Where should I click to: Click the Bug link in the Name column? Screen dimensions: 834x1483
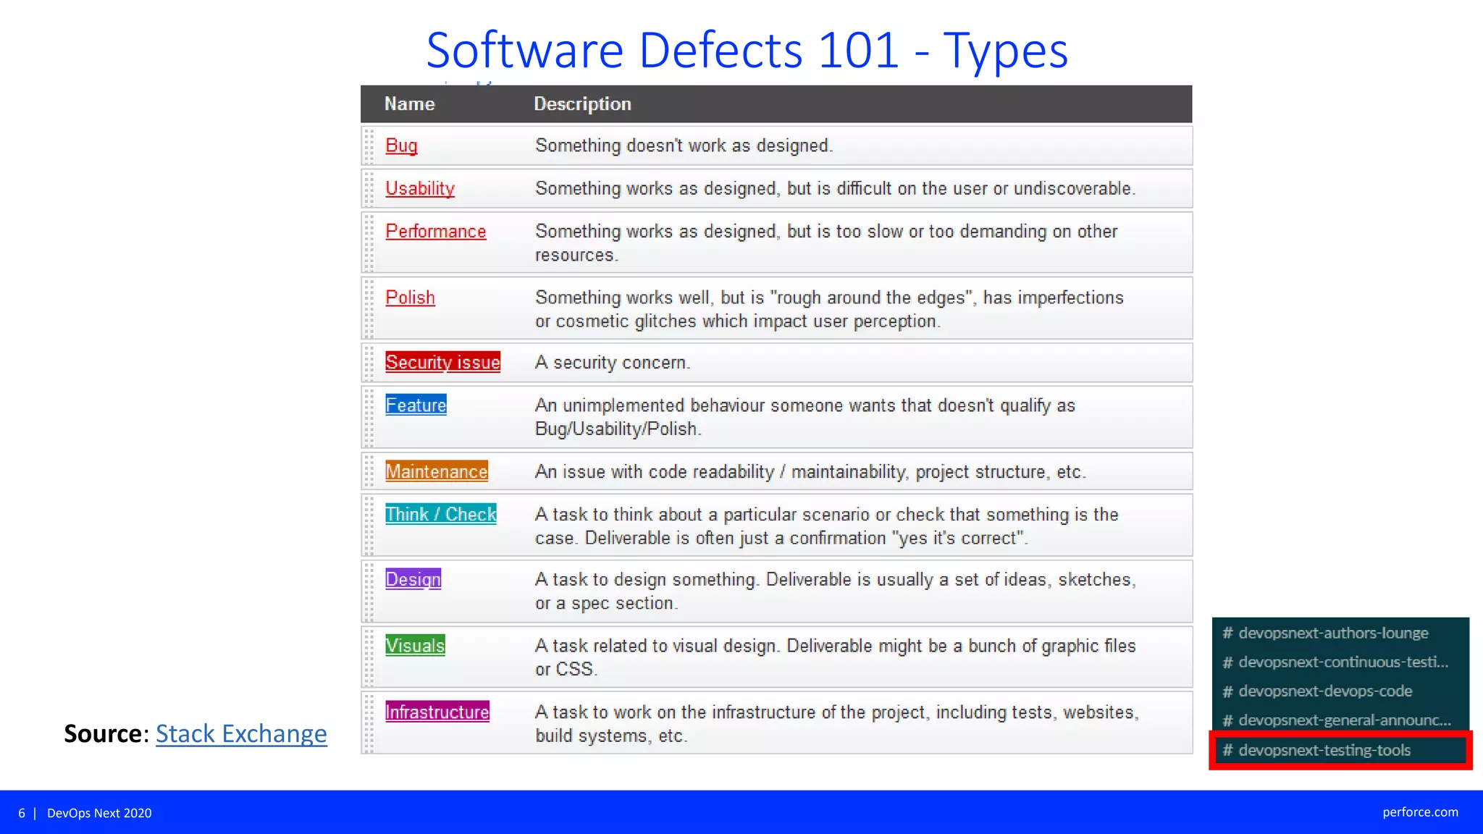coord(401,146)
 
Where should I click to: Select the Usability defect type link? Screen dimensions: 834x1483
coord(420,188)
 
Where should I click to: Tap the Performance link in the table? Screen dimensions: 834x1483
coord(435,232)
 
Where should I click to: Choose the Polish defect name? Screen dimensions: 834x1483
coord(410,298)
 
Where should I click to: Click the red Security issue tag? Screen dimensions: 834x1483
coord(442,362)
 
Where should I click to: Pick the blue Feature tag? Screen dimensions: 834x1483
coord(416,405)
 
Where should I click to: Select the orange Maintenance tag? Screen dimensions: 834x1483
coord(436,471)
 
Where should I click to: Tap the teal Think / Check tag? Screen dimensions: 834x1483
coord(440,514)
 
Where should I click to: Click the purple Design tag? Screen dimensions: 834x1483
coord(413,579)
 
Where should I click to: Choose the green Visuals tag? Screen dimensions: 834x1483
coord(415,645)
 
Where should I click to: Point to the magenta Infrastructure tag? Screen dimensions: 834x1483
coord(437,712)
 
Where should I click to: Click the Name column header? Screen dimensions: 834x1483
coord(409,104)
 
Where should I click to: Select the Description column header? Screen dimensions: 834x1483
coord(582,104)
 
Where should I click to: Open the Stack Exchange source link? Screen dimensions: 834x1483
coord(241,733)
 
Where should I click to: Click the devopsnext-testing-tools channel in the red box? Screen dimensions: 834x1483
coord(1324,750)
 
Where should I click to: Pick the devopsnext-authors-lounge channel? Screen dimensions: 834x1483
coord(1333,633)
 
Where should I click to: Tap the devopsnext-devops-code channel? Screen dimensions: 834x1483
coord(1325,691)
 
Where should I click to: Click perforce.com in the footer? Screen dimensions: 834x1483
coord(1420,812)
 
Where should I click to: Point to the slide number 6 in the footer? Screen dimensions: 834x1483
coord(22,813)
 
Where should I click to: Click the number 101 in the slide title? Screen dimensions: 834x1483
coord(858,51)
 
